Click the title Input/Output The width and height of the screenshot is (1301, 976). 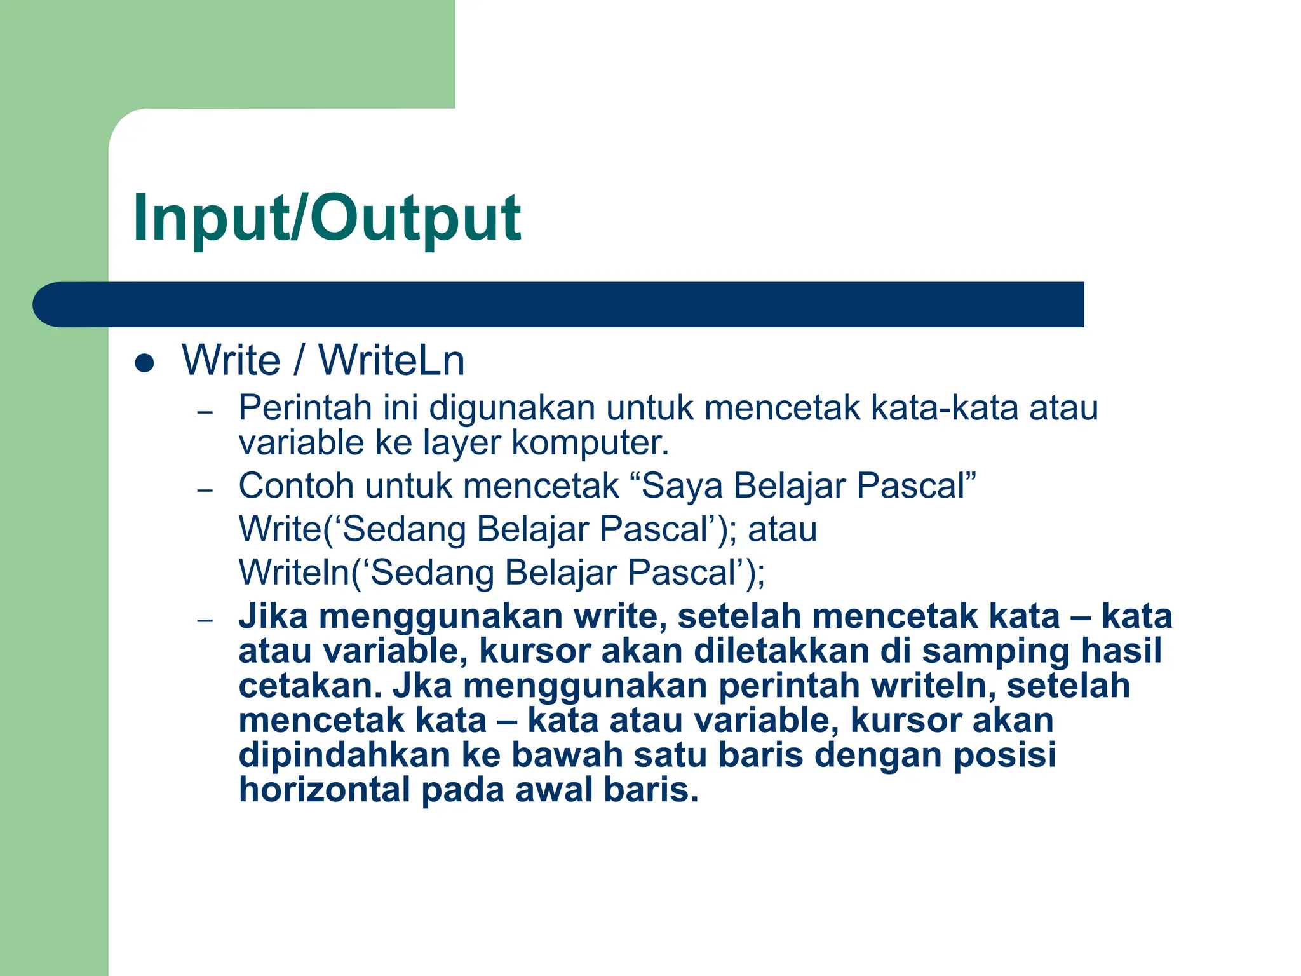click(x=327, y=217)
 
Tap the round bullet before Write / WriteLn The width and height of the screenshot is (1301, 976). click(x=145, y=363)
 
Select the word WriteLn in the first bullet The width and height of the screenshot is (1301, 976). click(x=391, y=360)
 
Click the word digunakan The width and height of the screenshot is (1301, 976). click(x=512, y=408)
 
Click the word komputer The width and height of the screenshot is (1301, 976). click(x=590, y=444)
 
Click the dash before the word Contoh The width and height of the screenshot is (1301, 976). click(x=205, y=490)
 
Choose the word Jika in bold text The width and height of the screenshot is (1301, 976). click(x=273, y=616)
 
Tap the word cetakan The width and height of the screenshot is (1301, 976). click(x=311, y=686)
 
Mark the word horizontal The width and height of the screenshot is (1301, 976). click(x=325, y=790)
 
